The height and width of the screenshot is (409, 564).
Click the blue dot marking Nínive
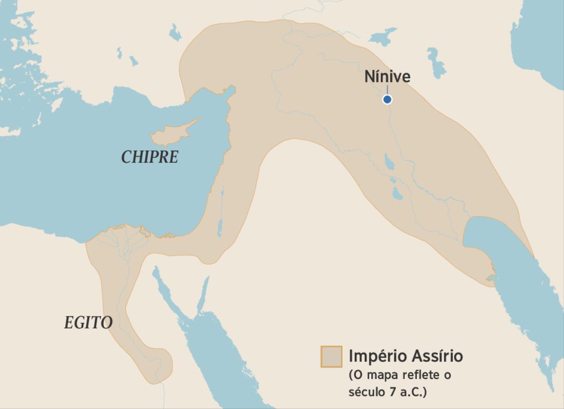[387, 99]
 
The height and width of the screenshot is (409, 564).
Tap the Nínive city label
[387, 77]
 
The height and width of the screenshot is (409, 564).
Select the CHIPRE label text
[150, 157]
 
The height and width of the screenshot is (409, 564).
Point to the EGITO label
[88, 323]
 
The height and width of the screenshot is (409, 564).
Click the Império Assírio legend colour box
[331, 356]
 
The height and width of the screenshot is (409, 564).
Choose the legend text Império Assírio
[405, 356]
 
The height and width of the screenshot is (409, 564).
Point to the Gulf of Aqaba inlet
[204, 294]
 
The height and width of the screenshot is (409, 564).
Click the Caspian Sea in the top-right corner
[540, 38]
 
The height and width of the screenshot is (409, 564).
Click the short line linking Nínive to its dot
[387, 90]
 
